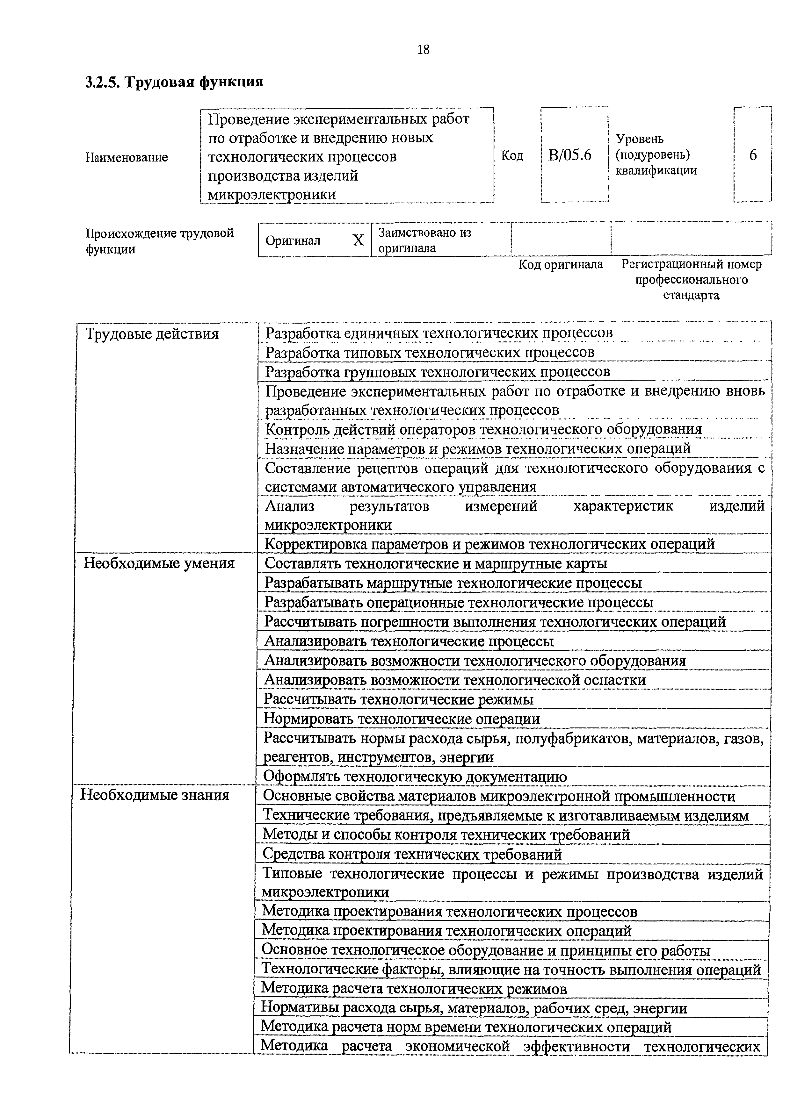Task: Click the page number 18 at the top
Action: tap(423, 50)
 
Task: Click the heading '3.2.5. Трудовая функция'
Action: tap(174, 82)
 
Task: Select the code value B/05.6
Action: tap(569, 155)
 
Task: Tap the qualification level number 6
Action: tap(752, 155)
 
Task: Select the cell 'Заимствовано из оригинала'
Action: tap(425, 240)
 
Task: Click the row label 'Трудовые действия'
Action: tap(152, 334)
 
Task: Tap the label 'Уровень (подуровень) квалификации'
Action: tap(656, 155)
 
